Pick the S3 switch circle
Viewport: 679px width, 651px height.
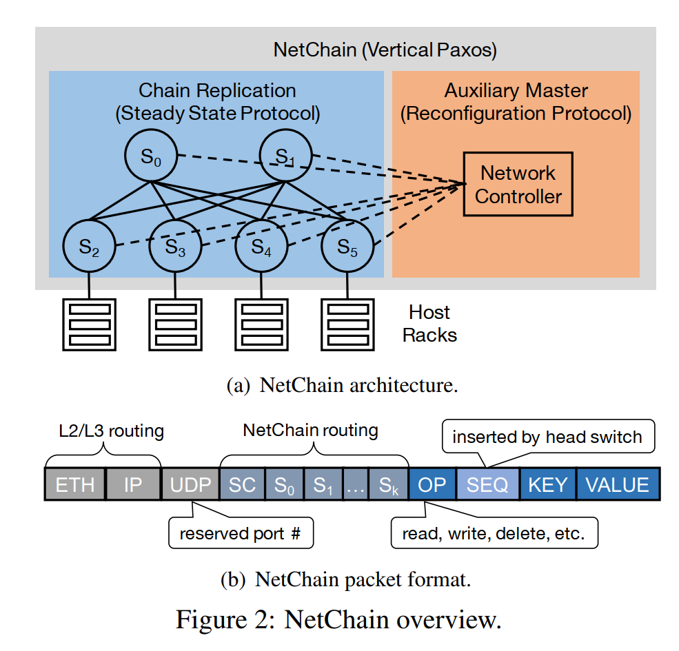pyautogui.click(x=175, y=246)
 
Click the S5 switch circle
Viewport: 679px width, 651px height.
pyautogui.click(x=347, y=246)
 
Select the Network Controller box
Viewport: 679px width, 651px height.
pyautogui.click(x=518, y=184)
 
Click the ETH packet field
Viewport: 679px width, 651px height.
pyautogui.click(x=74, y=484)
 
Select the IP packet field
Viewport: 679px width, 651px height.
pyautogui.click(x=133, y=484)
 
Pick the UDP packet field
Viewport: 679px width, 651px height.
pyautogui.click(x=190, y=484)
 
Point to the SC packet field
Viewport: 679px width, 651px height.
pyautogui.click(x=242, y=484)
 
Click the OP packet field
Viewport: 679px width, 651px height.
pyautogui.click(x=432, y=484)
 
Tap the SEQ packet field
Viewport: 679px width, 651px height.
pyautogui.click(x=487, y=484)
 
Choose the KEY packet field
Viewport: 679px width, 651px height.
pyautogui.click(x=547, y=484)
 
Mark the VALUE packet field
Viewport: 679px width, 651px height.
pyautogui.click(x=617, y=484)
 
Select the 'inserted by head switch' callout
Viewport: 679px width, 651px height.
pyautogui.click(x=547, y=437)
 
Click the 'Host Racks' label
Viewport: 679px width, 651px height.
pyautogui.click(x=429, y=324)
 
